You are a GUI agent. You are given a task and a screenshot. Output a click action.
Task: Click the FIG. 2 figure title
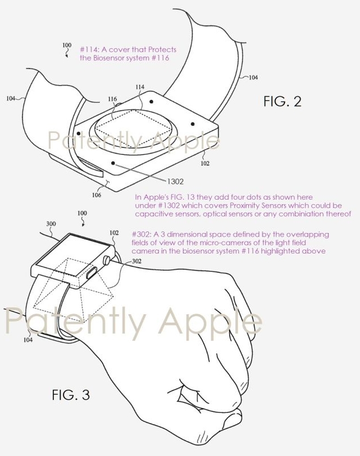(x=282, y=102)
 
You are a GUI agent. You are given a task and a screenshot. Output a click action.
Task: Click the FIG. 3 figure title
(x=71, y=395)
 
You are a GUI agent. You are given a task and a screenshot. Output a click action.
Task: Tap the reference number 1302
(x=175, y=181)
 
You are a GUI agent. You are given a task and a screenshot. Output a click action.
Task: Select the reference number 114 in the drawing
(x=140, y=87)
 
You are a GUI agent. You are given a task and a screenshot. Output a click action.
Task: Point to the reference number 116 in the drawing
(x=113, y=99)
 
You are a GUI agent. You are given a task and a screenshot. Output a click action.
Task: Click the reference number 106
(x=96, y=195)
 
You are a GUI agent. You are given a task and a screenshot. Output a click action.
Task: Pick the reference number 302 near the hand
(x=137, y=261)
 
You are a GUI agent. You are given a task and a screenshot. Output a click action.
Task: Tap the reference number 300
(x=51, y=223)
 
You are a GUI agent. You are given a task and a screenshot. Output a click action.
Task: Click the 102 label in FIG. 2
(x=205, y=163)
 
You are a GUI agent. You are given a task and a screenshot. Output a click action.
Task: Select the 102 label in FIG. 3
(x=114, y=233)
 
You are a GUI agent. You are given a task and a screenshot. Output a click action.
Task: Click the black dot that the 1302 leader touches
(x=113, y=163)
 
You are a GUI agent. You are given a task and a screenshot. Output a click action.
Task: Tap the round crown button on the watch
(x=107, y=260)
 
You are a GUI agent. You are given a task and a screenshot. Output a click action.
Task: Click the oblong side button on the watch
(x=92, y=273)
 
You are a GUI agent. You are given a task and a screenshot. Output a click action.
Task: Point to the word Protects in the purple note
(x=162, y=49)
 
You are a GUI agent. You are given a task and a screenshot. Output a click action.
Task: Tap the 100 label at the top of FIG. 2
(x=66, y=45)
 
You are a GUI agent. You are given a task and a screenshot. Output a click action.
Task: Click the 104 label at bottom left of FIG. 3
(x=28, y=340)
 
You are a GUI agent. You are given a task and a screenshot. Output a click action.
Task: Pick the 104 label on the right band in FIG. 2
(x=253, y=77)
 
